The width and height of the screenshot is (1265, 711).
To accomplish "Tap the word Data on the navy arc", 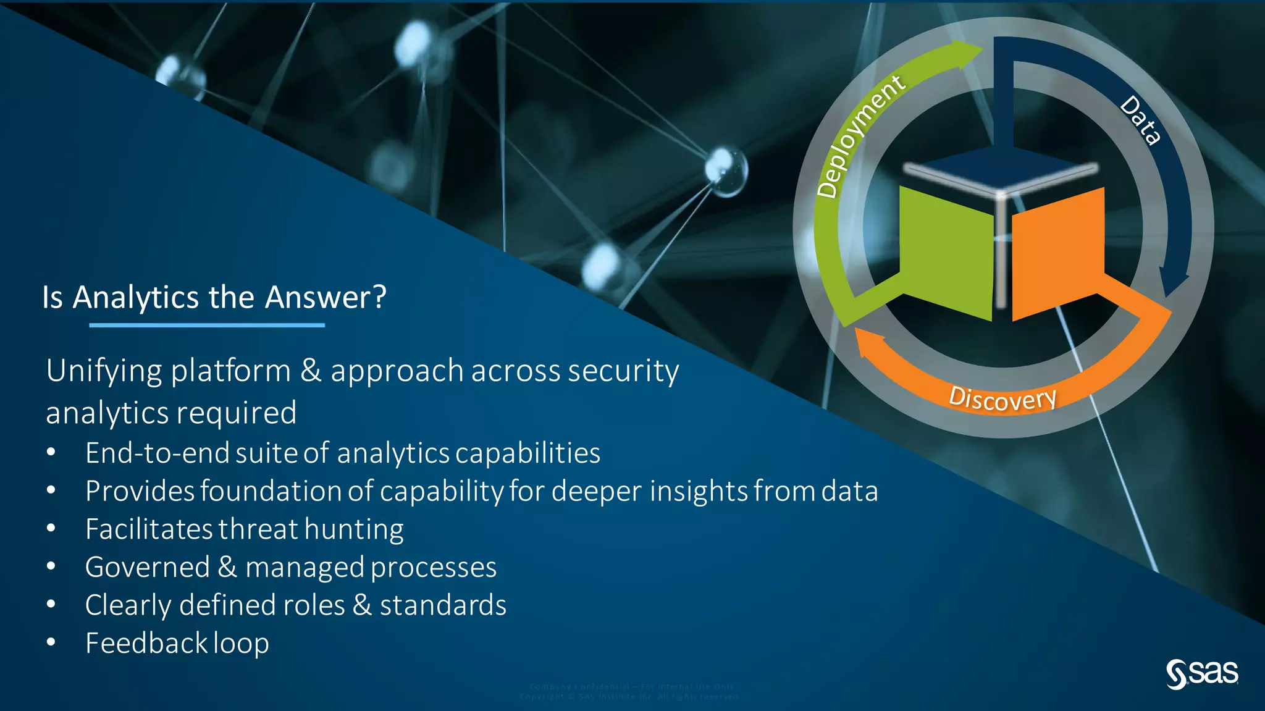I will tap(1140, 121).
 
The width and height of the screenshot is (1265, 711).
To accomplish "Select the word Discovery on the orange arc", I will tap(1002, 398).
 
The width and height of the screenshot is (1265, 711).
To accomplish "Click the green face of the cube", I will tap(945, 253).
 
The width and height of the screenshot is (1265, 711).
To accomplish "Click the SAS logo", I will tap(1201, 673).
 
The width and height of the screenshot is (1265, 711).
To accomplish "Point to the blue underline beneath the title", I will tap(206, 325).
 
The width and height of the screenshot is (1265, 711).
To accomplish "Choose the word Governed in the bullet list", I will tap(147, 568).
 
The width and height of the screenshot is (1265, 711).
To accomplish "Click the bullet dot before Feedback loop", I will tap(51, 642).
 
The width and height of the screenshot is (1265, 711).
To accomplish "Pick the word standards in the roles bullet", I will tap(443, 605).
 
